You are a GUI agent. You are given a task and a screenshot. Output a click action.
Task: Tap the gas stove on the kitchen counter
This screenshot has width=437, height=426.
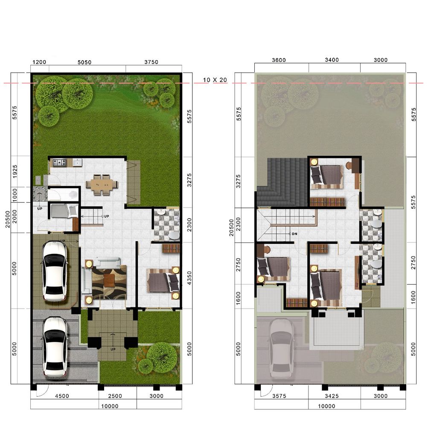pos(59,162)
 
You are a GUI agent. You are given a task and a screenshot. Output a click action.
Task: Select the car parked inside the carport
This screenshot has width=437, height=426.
pos(54,271)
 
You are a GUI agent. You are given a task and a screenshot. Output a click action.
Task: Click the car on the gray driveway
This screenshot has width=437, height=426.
pos(55,347)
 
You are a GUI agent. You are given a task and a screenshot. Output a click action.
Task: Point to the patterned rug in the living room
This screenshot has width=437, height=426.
pos(109,282)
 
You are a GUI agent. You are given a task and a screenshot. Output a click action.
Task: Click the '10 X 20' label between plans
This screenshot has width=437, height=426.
pos(215,80)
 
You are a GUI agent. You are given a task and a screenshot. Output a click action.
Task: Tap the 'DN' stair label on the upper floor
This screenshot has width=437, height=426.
pos(294,234)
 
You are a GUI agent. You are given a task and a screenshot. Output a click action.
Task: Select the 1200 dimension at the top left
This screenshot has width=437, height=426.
pos(39,62)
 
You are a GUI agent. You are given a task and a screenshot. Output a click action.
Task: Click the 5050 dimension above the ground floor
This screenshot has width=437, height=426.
pos(84,62)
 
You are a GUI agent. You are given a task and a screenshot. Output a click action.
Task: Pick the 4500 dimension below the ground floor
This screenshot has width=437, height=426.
pos(62,396)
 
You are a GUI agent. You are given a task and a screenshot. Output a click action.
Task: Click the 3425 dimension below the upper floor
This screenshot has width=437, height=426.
pos(332,396)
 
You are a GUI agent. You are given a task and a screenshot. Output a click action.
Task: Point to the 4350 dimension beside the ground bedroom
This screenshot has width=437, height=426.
pos(189,278)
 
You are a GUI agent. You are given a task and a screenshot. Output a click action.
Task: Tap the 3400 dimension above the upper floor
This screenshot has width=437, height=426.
pos(332,60)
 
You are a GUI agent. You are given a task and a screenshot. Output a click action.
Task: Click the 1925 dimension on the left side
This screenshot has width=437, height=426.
pos(15,172)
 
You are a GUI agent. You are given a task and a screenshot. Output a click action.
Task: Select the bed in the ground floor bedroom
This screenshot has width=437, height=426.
pos(163,280)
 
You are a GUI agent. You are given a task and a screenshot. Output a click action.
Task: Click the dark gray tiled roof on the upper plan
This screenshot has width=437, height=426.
pos(282,182)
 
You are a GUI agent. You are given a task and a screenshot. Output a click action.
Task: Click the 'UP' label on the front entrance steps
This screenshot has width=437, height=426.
pos(113,349)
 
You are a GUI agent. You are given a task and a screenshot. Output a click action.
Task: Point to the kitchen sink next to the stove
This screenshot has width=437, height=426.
pos(77,162)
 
